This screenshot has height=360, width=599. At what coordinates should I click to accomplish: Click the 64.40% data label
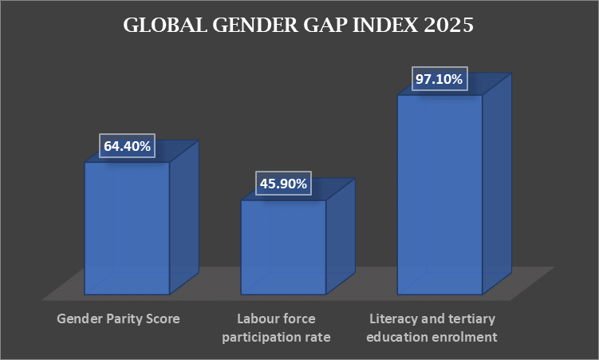(127, 147)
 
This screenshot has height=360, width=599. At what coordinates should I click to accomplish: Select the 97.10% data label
(439, 80)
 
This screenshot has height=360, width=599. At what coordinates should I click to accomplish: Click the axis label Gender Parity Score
(118, 318)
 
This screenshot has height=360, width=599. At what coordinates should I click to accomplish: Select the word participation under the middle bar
(259, 337)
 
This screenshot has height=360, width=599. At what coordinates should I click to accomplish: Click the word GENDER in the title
(248, 26)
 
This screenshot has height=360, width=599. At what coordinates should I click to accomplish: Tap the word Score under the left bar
(164, 318)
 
